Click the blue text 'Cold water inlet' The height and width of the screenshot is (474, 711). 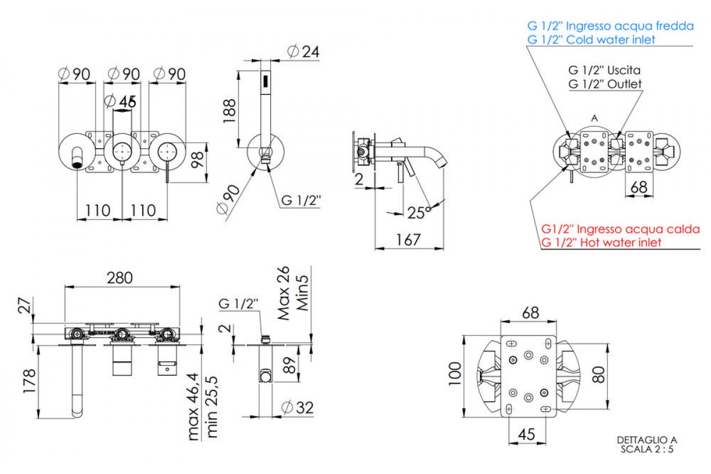[610, 40]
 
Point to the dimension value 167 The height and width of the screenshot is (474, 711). [409, 239]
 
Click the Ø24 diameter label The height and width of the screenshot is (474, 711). [303, 52]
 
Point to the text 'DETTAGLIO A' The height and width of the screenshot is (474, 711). [646, 440]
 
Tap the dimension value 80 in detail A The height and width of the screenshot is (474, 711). [599, 374]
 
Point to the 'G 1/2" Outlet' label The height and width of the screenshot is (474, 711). [604, 84]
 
